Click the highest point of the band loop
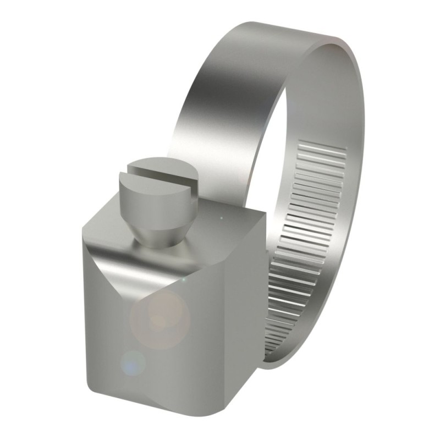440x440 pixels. click(286, 25)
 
